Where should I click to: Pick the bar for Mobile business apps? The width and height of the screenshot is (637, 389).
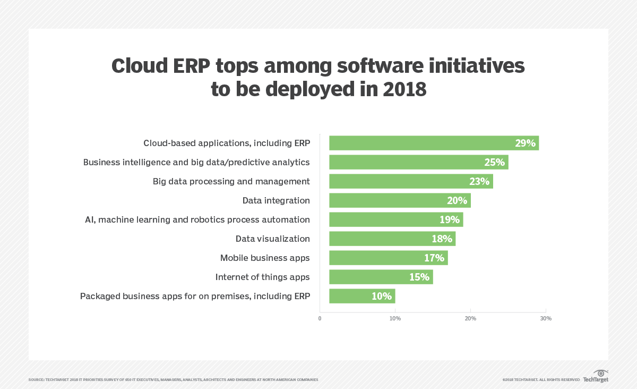tap(388, 258)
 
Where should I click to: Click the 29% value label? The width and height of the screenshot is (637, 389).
tap(525, 143)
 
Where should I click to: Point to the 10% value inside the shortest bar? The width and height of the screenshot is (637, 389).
tap(381, 296)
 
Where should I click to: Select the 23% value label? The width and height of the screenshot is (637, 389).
tap(479, 181)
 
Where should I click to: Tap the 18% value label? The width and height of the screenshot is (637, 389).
tap(442, 239)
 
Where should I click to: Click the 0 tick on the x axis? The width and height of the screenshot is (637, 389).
tap(320, 318)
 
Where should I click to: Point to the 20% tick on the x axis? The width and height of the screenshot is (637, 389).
tap(470, 318)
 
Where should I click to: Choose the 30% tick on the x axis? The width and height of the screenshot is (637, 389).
tap(546, 318)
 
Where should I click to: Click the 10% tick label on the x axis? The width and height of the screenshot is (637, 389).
tap(395, 318)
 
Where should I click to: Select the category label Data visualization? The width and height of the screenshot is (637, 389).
tap(272, 239)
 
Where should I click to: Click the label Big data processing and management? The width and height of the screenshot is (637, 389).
tap(231, 181)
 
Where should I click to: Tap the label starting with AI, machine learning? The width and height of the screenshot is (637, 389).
tap(197, 219)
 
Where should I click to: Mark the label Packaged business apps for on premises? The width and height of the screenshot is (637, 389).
tap(195, 296)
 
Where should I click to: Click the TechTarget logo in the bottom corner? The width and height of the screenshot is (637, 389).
tap(596, 376)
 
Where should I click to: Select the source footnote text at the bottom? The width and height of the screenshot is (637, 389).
tap(173, 379)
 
